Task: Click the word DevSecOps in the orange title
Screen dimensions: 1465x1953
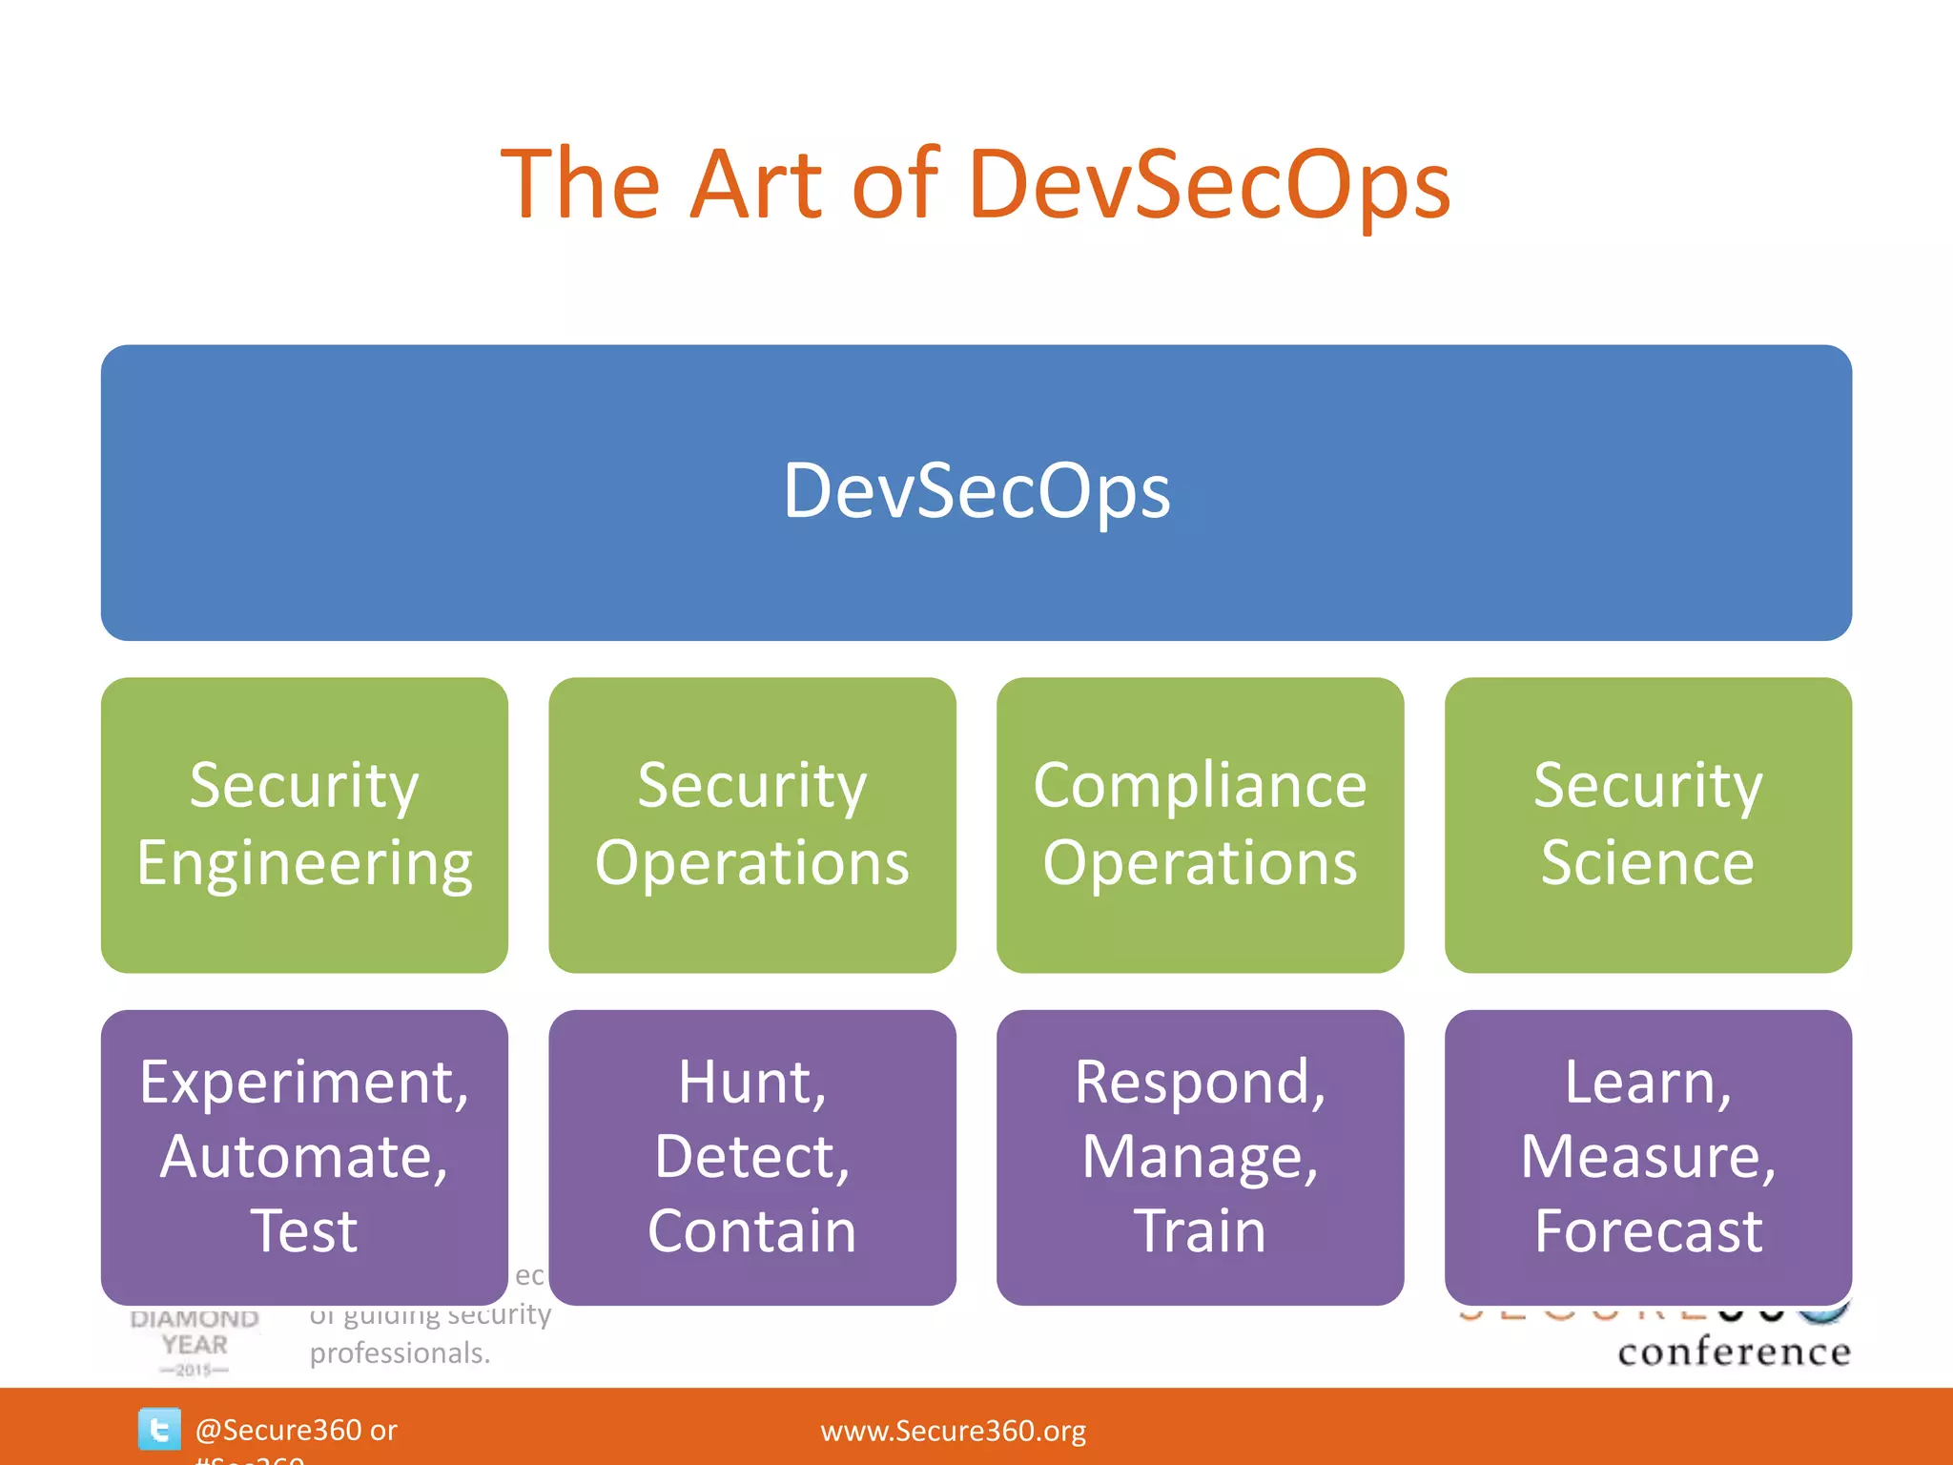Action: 1208,186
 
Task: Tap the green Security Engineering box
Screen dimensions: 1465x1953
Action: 304,825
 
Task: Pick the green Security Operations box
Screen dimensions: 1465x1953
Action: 751,825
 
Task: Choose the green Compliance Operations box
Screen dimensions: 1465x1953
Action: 1200,825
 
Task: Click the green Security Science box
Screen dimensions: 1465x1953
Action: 1647,825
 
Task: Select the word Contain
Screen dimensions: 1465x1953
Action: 751,1231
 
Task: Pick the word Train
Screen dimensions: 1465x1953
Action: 1200,1231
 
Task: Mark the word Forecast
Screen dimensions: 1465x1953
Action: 1648,1231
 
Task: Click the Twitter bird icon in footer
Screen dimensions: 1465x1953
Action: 158,1429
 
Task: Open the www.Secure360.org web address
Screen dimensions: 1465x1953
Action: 953,1431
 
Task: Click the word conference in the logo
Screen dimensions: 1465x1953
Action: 1734,1352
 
